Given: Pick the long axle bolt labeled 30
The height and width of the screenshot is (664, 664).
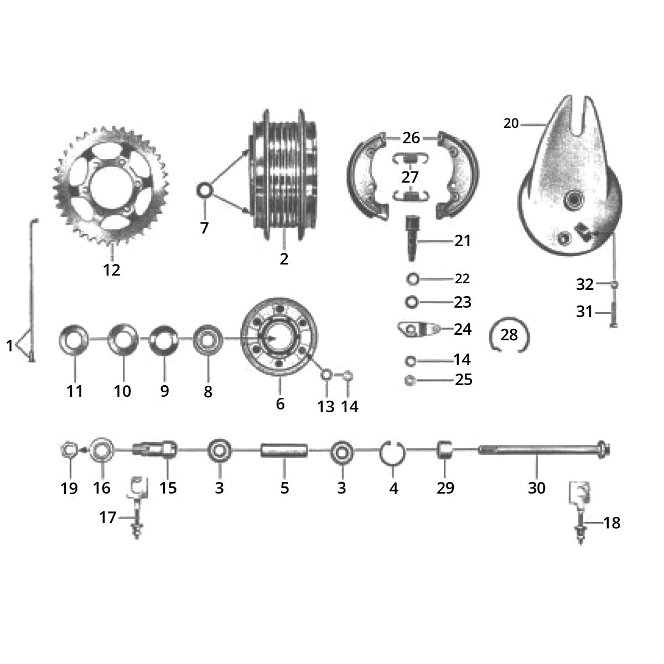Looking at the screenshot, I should click(542, 450).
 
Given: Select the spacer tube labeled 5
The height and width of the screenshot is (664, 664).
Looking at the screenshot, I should click(284, 450).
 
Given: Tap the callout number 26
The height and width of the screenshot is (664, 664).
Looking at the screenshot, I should click(411, 138).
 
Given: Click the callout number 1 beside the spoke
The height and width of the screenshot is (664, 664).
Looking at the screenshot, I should click(9, 346).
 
